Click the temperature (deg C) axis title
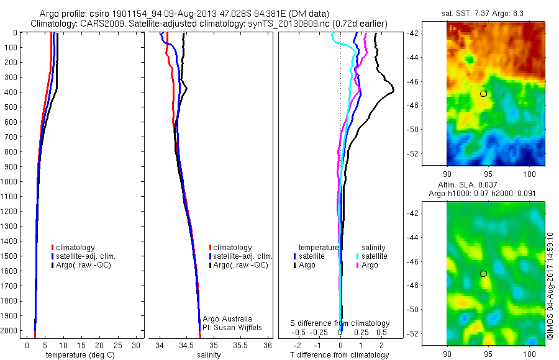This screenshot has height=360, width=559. pos(81,355)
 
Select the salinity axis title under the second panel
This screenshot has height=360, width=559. pos(209,355)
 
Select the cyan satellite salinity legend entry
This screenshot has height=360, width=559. pos(371,256)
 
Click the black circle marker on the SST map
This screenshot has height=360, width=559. pos(483,93)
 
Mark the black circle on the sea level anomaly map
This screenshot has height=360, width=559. pos(483,273)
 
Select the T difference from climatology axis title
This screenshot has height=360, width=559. pos(340,355)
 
